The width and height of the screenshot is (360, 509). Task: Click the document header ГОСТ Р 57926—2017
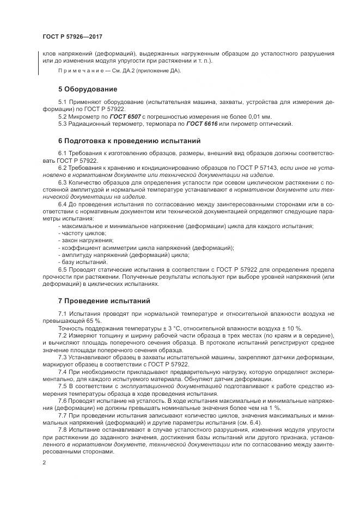coord(72,38)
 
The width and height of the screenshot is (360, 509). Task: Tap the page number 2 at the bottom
coord(44,462)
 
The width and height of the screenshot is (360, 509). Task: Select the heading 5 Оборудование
coord(88,89)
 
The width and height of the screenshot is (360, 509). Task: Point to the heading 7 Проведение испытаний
coord(105,301)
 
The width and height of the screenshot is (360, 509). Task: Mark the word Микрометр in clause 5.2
coord(85,116)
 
